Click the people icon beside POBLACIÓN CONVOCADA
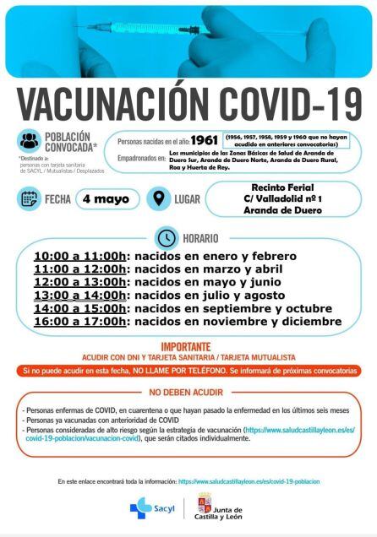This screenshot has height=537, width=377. (29, 141)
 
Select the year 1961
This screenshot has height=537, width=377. (204, 139)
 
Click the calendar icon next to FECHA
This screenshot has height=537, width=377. (29, 199)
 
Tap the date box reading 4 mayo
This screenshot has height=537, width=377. (107, 199)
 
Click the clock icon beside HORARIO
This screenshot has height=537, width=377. (167, 238)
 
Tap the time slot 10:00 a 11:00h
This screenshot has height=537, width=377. (80, 256)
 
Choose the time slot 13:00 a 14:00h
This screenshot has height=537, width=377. (80, 295)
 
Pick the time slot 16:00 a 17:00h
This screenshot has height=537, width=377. (80, 321)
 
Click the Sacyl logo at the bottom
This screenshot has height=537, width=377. (153, 509)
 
